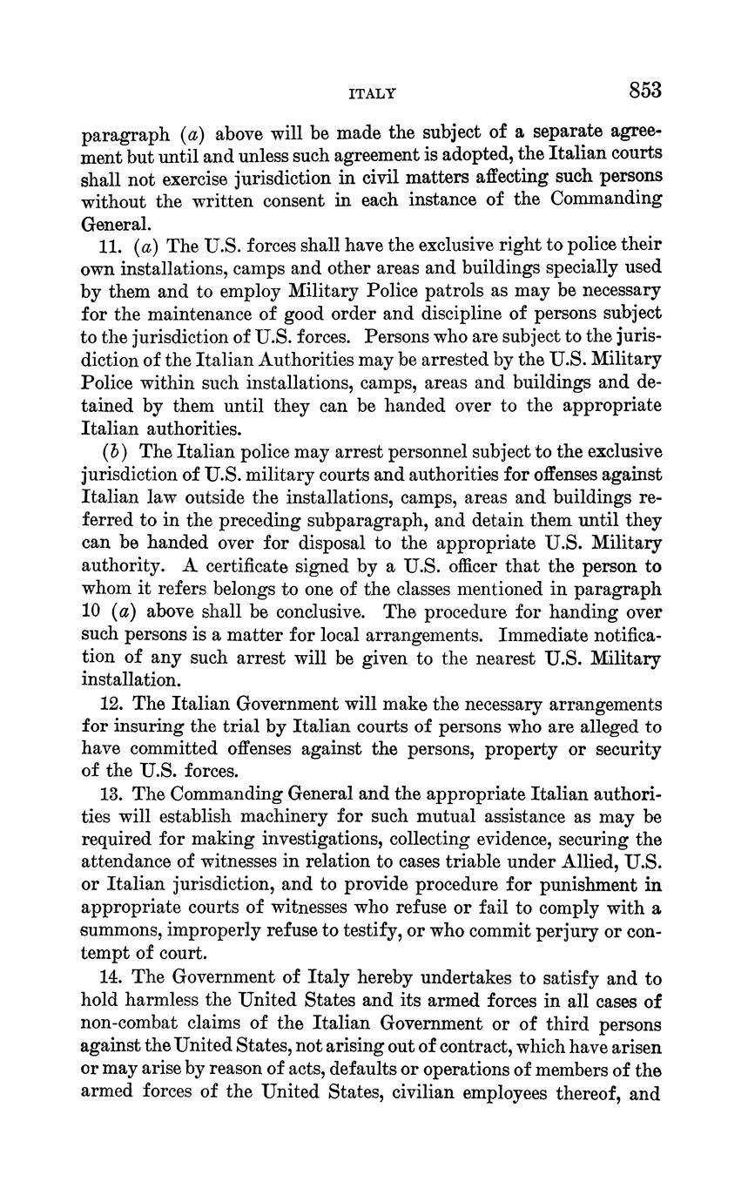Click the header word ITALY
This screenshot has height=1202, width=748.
point(372,92)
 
